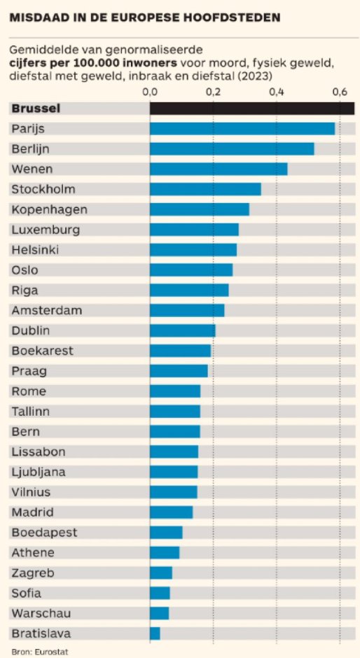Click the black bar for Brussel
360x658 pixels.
point(252,108)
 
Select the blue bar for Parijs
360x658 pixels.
point(242,129)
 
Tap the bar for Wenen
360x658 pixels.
point(219,169)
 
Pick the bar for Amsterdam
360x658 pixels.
point(187,310)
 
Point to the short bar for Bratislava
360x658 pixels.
point(155,633)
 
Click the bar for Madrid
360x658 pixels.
point(171,512)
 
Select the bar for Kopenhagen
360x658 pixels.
point(200,209)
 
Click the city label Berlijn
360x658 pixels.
point(32,149)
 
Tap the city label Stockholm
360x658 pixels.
point(43,189)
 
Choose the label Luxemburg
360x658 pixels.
point(46,230)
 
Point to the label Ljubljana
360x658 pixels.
point(39,472)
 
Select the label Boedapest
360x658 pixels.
point(44,533)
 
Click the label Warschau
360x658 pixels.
point(41,614)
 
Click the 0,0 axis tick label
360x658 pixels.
point(150,92)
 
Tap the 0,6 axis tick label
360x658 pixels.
point(340,92)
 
